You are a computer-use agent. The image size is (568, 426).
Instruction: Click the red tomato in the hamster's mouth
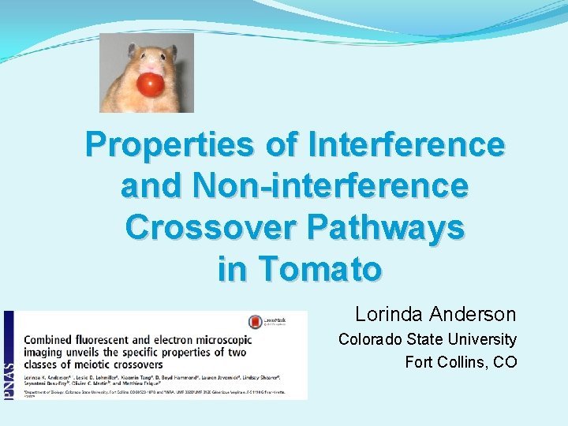(x=150, y=83)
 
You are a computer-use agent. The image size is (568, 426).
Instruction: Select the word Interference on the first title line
(x=407, y=145)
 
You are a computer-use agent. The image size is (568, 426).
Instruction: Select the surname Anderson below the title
(x=473, y=315)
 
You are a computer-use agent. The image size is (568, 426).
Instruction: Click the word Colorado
(x=374, y=339)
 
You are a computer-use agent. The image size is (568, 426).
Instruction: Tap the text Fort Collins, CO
(x=461, y=362)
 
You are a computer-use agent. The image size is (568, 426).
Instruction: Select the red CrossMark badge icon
(x=256, y=322)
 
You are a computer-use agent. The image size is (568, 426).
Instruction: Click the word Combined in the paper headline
(x=50, y=338)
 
